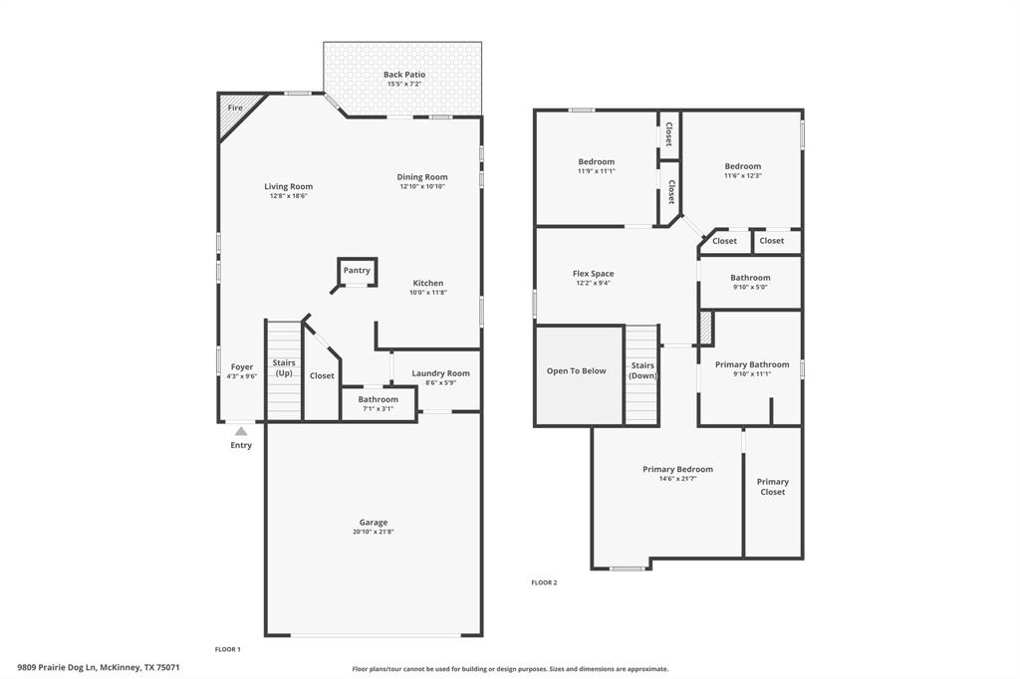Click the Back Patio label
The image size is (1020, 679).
tap(403, 75)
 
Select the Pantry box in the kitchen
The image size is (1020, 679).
tap(357, 271)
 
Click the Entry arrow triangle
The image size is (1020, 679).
tap(241, 431)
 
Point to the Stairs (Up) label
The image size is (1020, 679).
tap(284, 367)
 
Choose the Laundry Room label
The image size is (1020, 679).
tap(440, 373)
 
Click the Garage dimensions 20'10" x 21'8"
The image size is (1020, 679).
tap(374, 532)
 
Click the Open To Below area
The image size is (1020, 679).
tap(576, 371)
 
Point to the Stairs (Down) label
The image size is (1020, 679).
tap(642, 370)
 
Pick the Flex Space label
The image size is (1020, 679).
tap(593, 274)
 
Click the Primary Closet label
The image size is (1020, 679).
tap(772, 486)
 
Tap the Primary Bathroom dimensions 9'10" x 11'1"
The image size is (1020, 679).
tap(751, 374)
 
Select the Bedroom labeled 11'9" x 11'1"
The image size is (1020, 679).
tap(596, 165)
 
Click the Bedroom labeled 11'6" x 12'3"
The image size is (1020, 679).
tap(742, 170)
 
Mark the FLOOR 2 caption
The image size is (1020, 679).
tap(544, 582)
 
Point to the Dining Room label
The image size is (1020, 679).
tap(422, 177)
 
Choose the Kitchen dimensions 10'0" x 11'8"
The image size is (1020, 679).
tap(428, 293)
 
